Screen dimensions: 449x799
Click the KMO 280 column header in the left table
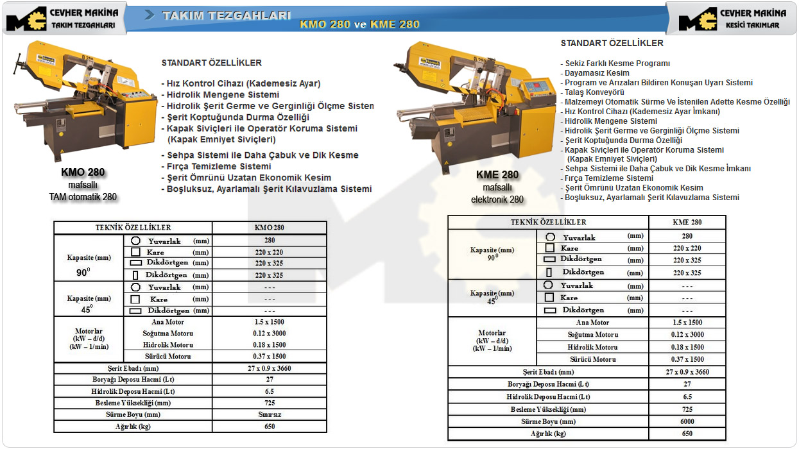click(270, 228)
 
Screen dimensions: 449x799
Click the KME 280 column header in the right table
click(687, 223)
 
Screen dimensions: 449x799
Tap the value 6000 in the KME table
click(687, 421)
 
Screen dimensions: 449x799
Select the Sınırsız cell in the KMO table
click(270, 414)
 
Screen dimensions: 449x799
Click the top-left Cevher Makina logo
click(62, 19)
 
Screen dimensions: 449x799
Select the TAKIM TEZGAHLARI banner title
click(227, 15)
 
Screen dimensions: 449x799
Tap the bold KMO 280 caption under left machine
click(83, 172)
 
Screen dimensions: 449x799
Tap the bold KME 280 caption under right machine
click(497, 174)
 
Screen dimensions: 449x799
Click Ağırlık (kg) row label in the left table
click(133, 426)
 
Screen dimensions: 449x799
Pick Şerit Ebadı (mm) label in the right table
click(548, 372)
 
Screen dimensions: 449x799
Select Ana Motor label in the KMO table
click(168, 322)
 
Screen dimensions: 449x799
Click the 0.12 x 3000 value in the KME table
click(687, 335)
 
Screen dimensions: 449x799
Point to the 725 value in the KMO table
click(270, 403)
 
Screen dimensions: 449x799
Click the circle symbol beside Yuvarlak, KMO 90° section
click(135, 241)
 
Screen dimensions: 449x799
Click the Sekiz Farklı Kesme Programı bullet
click(617, 64)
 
